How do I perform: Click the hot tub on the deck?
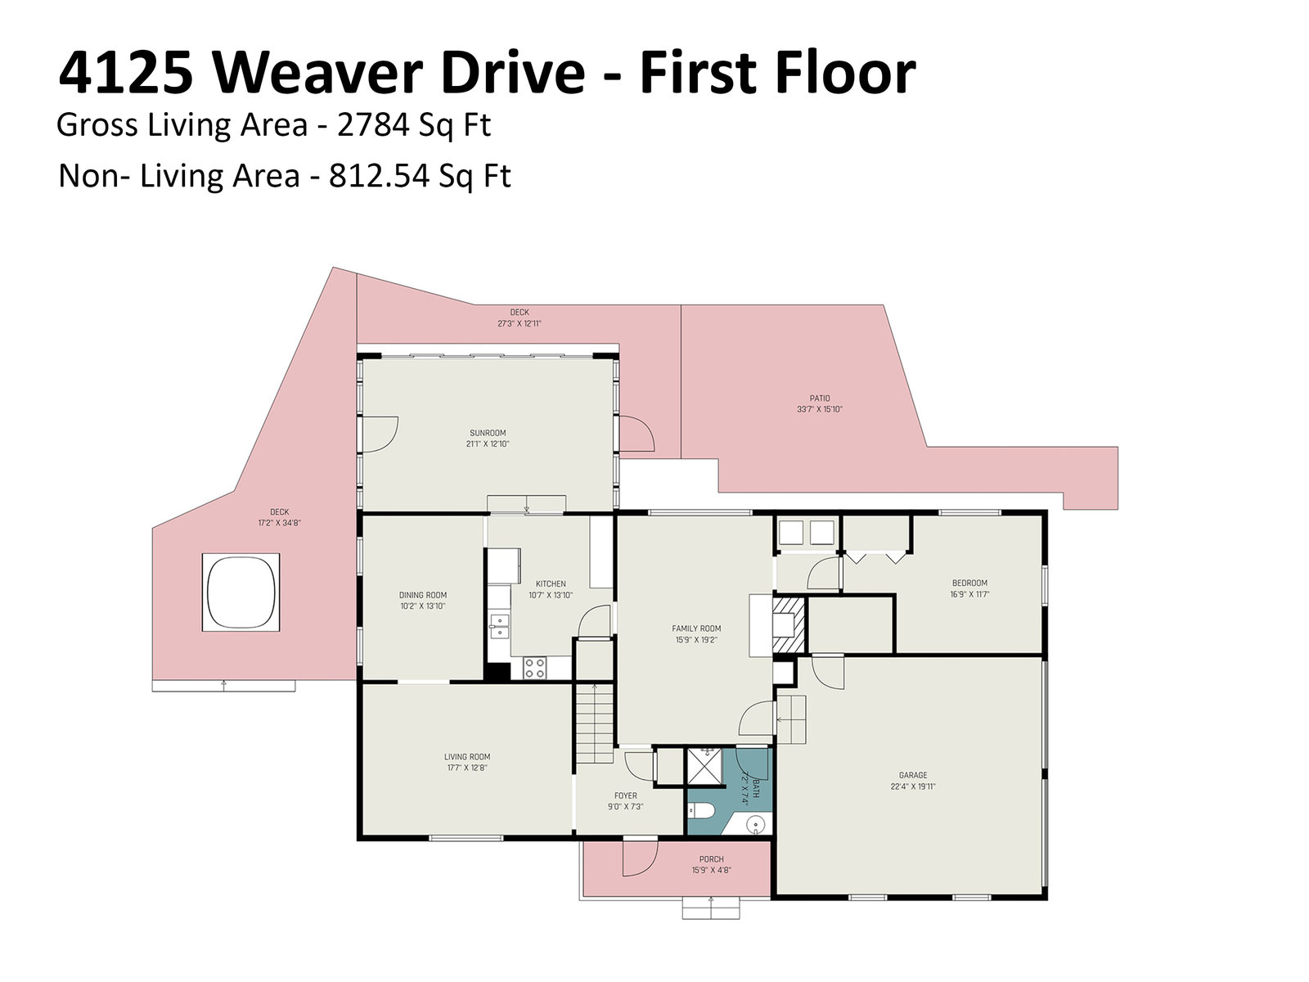(x=241, y=592)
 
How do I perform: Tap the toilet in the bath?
(x=701, y=811)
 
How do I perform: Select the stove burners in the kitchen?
(x=534, y=668)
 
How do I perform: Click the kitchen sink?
(x=499, y=626)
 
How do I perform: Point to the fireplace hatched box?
(x=789, y=625)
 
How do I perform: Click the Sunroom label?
(x=488, y=433)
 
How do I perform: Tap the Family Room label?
(x=696, y=628)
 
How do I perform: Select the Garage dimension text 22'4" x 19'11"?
(x=913, y=786)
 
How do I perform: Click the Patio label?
(x=820, y=399)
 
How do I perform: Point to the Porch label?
(x=712, y=859)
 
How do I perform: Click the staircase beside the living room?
(x=595, y=724)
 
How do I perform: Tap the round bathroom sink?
(x=756, y=825)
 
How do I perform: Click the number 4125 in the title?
(x=126, y=73)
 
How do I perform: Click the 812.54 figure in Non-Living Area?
(x=380, y=176)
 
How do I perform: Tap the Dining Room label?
(x=423, y=595)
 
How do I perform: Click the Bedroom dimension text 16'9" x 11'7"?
(x=969, y=594)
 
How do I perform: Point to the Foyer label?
(x=626, y=795)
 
